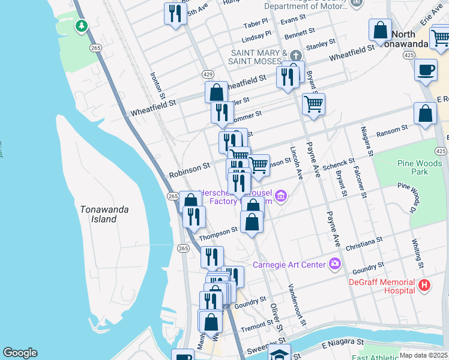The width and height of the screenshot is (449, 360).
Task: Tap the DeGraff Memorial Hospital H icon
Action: pos(424,285)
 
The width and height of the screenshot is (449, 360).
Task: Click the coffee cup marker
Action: pos(426,70)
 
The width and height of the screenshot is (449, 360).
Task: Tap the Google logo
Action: pos(20,353)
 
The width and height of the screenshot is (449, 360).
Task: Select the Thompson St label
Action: pos(219,232)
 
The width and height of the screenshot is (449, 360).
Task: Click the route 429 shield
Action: pos(207,74)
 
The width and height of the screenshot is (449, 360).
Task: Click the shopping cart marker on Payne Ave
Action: pos(313,104)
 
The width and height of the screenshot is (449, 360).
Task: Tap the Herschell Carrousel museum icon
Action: pos(281,196)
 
